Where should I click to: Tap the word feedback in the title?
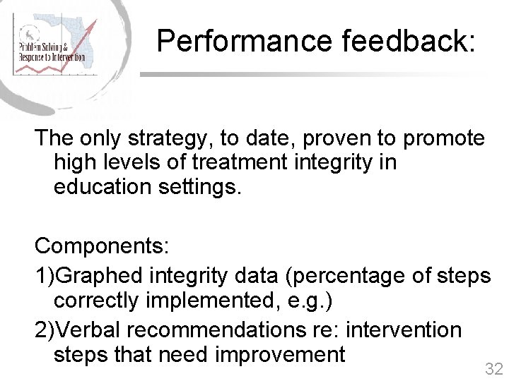[x=408, y=41]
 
